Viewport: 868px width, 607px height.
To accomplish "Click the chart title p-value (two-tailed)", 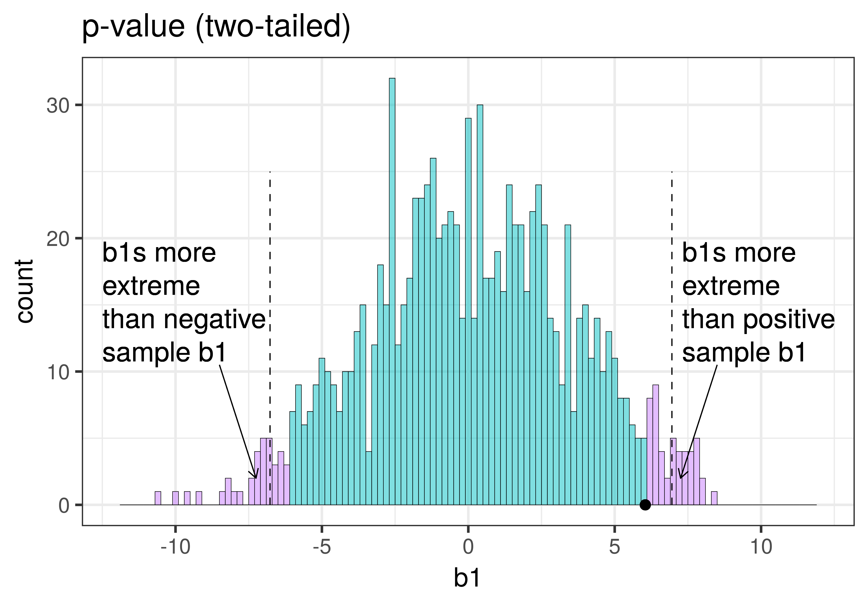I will (x=216, y=27).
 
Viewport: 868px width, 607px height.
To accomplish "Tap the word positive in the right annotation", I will (x=788, y=320).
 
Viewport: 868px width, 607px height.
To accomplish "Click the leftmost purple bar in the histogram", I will (x=158, y=498).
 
